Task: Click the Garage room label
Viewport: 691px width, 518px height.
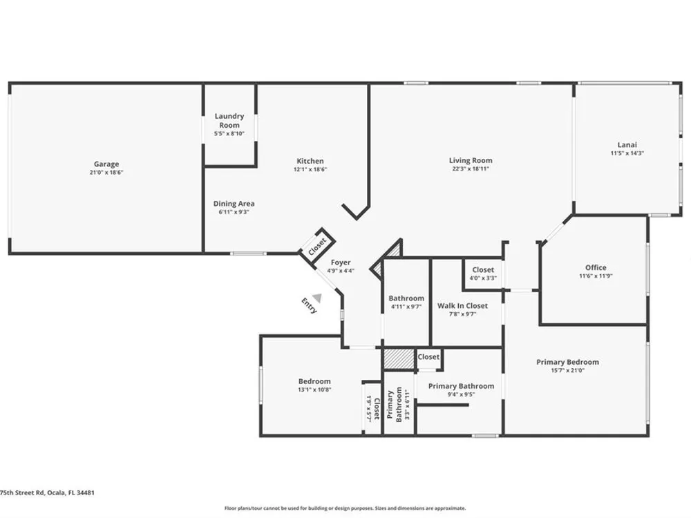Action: coord(106,164)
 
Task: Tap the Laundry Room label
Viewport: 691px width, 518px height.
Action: coord(229,120)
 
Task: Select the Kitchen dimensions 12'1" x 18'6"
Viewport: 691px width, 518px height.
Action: coord(310,169)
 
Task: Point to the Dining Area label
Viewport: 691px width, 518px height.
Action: coord(234,204)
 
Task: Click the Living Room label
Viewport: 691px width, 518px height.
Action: coord(471,160)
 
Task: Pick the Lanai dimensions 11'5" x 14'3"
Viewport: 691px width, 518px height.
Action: coord(627,153)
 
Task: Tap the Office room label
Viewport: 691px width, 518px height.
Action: coord(596,267)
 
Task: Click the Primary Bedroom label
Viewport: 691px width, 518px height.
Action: coord(567,362)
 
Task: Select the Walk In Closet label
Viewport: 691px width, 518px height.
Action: coord(463,306)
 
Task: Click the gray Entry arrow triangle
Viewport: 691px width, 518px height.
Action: coord(317,298)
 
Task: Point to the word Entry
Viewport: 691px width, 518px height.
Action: coord(310,306)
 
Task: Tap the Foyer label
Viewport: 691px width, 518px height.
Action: coord(341,262)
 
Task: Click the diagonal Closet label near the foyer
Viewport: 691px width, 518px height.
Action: coord(317,247)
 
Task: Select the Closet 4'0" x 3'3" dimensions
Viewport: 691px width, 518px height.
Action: coord(483,278)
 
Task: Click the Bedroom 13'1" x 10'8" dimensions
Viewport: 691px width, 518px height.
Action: coord(314,390)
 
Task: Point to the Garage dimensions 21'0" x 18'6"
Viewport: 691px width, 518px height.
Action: coord(106,172)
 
